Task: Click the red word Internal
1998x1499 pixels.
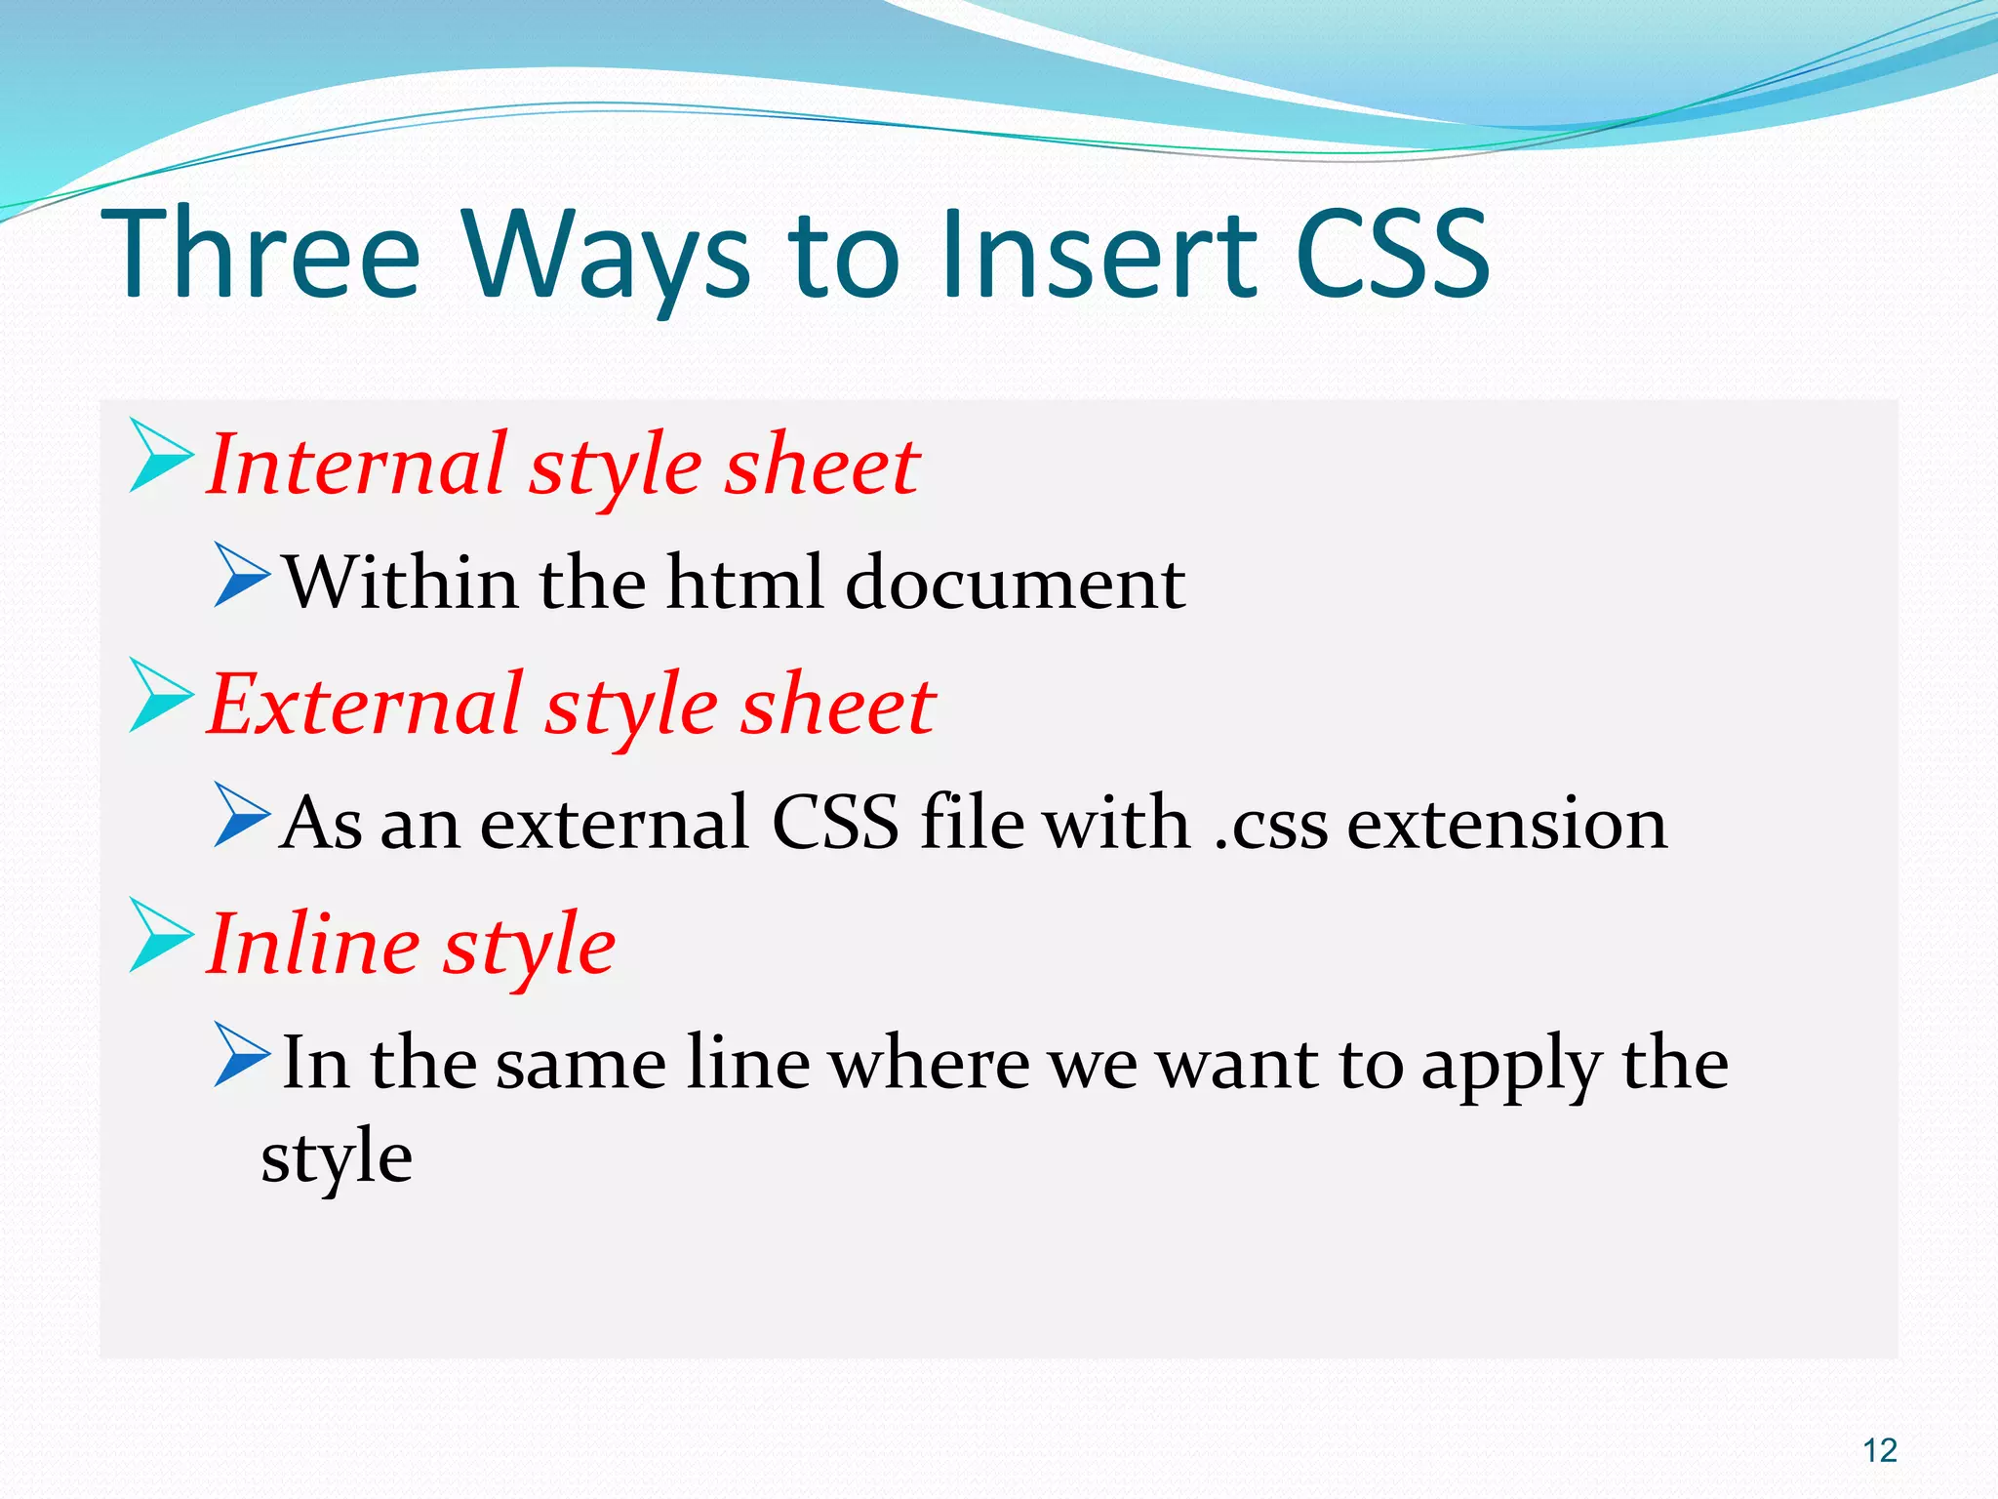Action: coord(357,466)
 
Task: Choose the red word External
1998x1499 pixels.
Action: coord(366,705)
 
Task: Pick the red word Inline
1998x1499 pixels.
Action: coord(313,945)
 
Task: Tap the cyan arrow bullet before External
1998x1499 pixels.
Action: coord(159,695)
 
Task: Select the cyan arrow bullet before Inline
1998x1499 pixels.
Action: coord(159,935)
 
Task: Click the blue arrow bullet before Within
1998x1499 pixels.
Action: coord(241,575)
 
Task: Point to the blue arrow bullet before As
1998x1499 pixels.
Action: coord(241,815)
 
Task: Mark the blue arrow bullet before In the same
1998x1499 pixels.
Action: coord(241,1055)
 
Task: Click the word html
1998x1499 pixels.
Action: coord(744,583)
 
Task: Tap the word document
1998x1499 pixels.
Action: coord(1015,583)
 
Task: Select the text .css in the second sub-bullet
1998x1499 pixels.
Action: coord(1271,824)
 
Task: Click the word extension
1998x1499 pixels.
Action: coord(1507,824)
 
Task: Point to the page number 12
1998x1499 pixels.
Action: coord(1879,1450)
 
